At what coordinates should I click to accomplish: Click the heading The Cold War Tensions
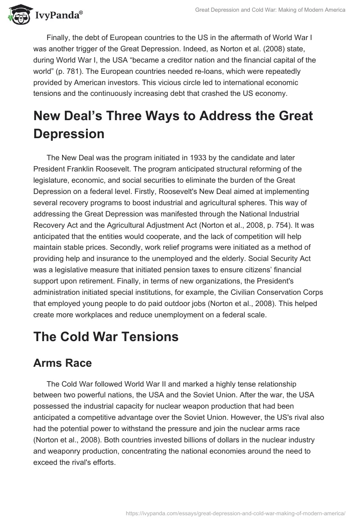coord(106,337)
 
